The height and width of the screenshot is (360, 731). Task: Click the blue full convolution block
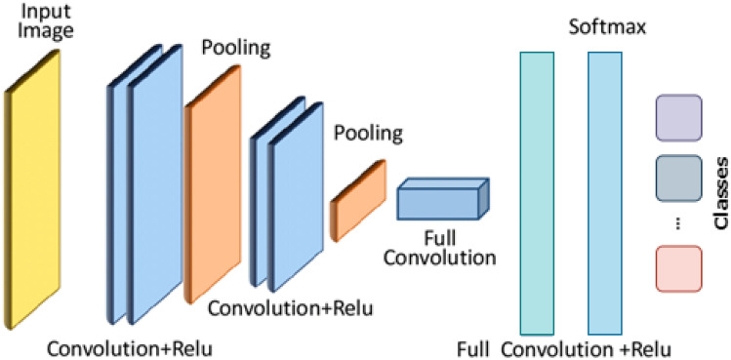pyautogui.click(x=439, y=202)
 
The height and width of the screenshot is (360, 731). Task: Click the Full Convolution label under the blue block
pyautogui.click(x=439, y=248)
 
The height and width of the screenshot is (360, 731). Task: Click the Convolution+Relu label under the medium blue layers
pyautogui.click(x=289, y=309)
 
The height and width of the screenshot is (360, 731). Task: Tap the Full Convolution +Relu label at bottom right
pyautogui.click(x=565, y=347)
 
